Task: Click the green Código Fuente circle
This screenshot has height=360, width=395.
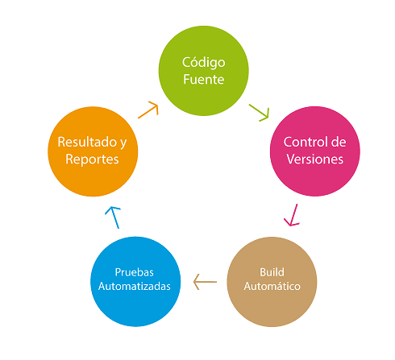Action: (202, 71)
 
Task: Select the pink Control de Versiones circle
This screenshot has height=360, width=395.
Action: (314, 150)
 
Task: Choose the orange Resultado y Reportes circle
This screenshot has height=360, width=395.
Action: (92, 151)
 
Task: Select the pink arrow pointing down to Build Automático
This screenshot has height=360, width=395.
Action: (291, 214)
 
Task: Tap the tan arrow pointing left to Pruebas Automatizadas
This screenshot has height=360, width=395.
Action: (206, 282)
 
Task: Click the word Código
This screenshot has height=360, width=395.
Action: (203, 62)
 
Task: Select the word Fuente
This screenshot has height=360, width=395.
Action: (203, 80)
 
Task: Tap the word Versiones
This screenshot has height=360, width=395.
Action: (314, 159)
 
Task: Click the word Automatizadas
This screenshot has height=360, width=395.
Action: (134, 287)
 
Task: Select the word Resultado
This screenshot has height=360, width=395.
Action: (86, 142)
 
